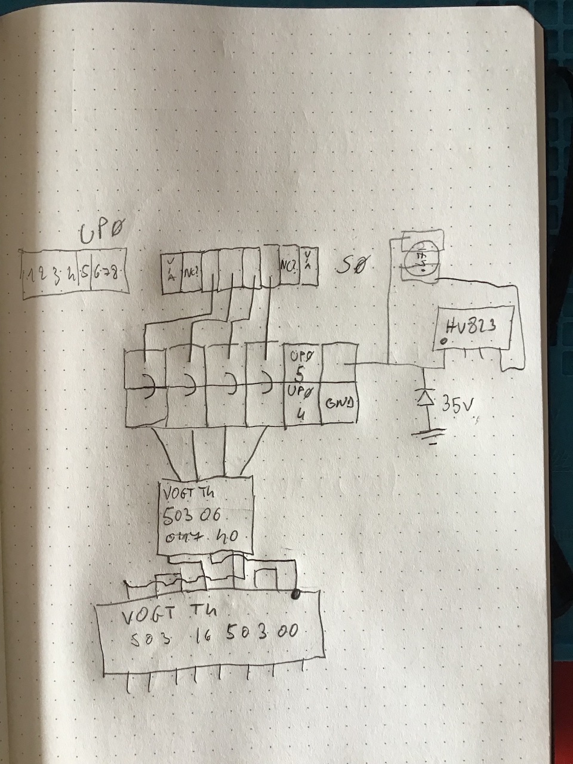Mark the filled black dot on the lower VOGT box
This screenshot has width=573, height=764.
point(295,594)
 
